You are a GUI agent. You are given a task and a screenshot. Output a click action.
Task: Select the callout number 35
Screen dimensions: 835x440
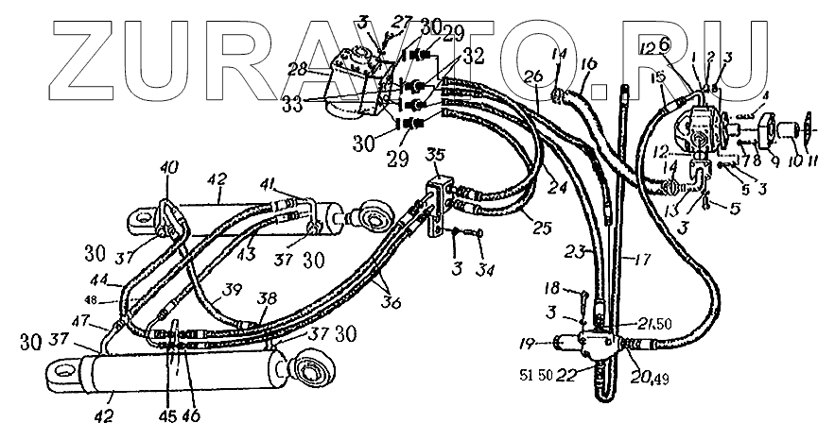click(435, 155)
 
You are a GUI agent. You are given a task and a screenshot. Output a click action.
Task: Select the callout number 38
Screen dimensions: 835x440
click(269, 296)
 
